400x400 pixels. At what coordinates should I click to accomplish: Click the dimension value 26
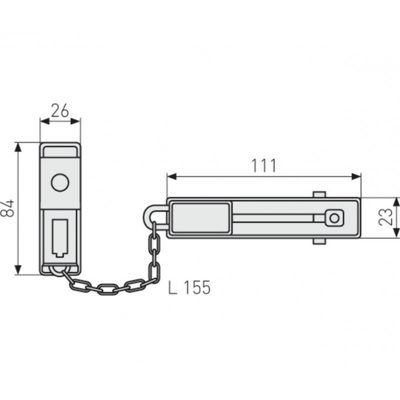pos(60,110)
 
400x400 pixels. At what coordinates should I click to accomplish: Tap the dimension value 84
pos(7,208)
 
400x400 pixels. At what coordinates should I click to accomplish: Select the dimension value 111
pos(264,165)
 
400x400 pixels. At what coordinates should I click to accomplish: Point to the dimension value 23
pos(385,217)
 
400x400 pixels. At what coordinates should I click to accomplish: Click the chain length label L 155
pos(189,287)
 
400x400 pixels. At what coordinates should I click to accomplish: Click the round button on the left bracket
pos(60,182)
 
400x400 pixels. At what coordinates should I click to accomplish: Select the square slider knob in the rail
pos(334,218)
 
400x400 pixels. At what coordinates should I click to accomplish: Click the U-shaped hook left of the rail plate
pos(153,216)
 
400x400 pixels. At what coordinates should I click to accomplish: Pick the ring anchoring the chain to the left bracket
pos(60,271)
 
